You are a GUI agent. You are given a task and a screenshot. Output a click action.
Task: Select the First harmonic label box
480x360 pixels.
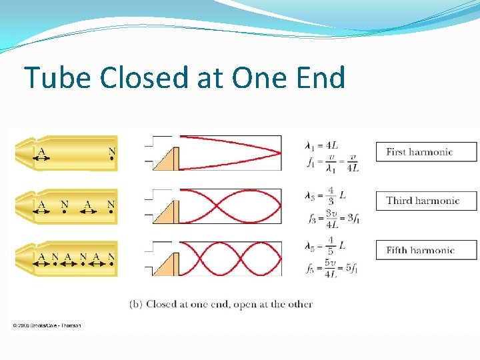(427, 152)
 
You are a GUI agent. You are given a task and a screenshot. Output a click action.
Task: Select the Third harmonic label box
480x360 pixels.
(427, 201)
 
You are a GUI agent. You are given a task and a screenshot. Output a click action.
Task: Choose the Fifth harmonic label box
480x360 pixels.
(427, 250)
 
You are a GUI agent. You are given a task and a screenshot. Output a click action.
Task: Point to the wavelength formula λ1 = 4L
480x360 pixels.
(326, 145)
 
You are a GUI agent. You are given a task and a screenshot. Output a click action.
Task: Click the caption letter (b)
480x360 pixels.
(136, 304)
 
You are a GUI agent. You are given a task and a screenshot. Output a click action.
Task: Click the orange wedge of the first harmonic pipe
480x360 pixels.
(167, 161)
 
